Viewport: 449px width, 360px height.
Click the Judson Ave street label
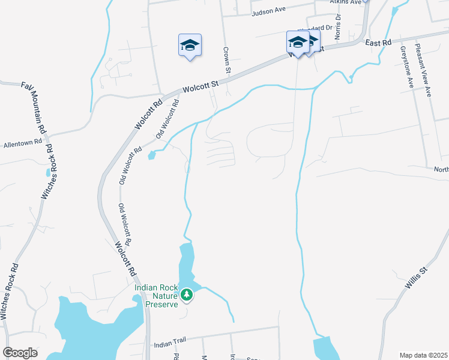pyautogui.click(x=268, y=11)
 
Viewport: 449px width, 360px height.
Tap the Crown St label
pyautogui.click(x=227, y=61)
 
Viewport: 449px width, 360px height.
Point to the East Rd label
pyautogui.click(x=378, y=43)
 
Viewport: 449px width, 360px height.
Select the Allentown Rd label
pyautogui.click(x=22, y=143)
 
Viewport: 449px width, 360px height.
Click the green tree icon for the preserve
pyautogui.click(x=187, y=295)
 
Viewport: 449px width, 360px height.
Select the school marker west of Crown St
pyautogui.click(x=190, y=46)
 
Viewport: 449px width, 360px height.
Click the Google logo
pyautogui.click(x=20, y=353)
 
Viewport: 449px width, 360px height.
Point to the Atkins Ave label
pyautogui.click(x=348, y=2)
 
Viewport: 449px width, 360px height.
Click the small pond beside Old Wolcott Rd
pyautogui.click(x=151, y=156)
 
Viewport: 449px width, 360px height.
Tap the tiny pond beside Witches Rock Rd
pyautogui.click(x=48, y=173)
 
